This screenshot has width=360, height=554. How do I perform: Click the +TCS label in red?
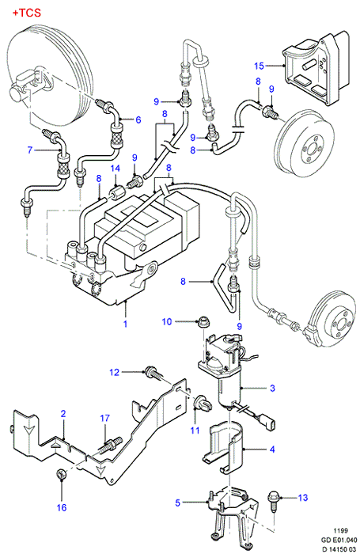(27, 13)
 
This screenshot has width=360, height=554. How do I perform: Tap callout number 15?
(259, 66)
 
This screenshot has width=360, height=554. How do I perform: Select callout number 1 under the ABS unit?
(125, 323)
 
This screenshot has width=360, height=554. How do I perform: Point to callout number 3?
(272, 388)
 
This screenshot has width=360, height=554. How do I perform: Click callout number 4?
(271, 450)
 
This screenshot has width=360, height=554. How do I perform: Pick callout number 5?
(178, 503)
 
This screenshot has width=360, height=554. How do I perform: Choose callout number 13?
(303, 498)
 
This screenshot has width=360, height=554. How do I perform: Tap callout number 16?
(62, 508)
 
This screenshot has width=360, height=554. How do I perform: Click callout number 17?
(105, 419)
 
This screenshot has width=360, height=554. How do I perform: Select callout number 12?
(115, 373)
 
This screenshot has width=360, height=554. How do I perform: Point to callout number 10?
(167, 321)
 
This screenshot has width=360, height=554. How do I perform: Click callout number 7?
(30, 150)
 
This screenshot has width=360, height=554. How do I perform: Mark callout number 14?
(116, 168)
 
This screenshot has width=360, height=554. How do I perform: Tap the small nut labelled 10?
(203, 322)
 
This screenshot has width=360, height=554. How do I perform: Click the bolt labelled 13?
(274, 500)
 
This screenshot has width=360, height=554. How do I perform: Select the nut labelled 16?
(61, 474)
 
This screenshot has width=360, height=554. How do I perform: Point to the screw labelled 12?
(153, 374)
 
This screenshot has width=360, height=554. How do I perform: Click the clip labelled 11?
(203, 403)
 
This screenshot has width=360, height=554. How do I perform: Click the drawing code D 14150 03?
(339, 548)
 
